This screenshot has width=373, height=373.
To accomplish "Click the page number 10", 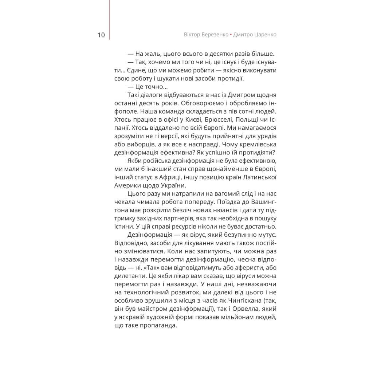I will coord(101,35).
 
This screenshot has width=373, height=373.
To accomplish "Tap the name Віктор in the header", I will coord(193,35).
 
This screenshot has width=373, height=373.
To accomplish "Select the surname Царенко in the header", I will coord(262,35).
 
